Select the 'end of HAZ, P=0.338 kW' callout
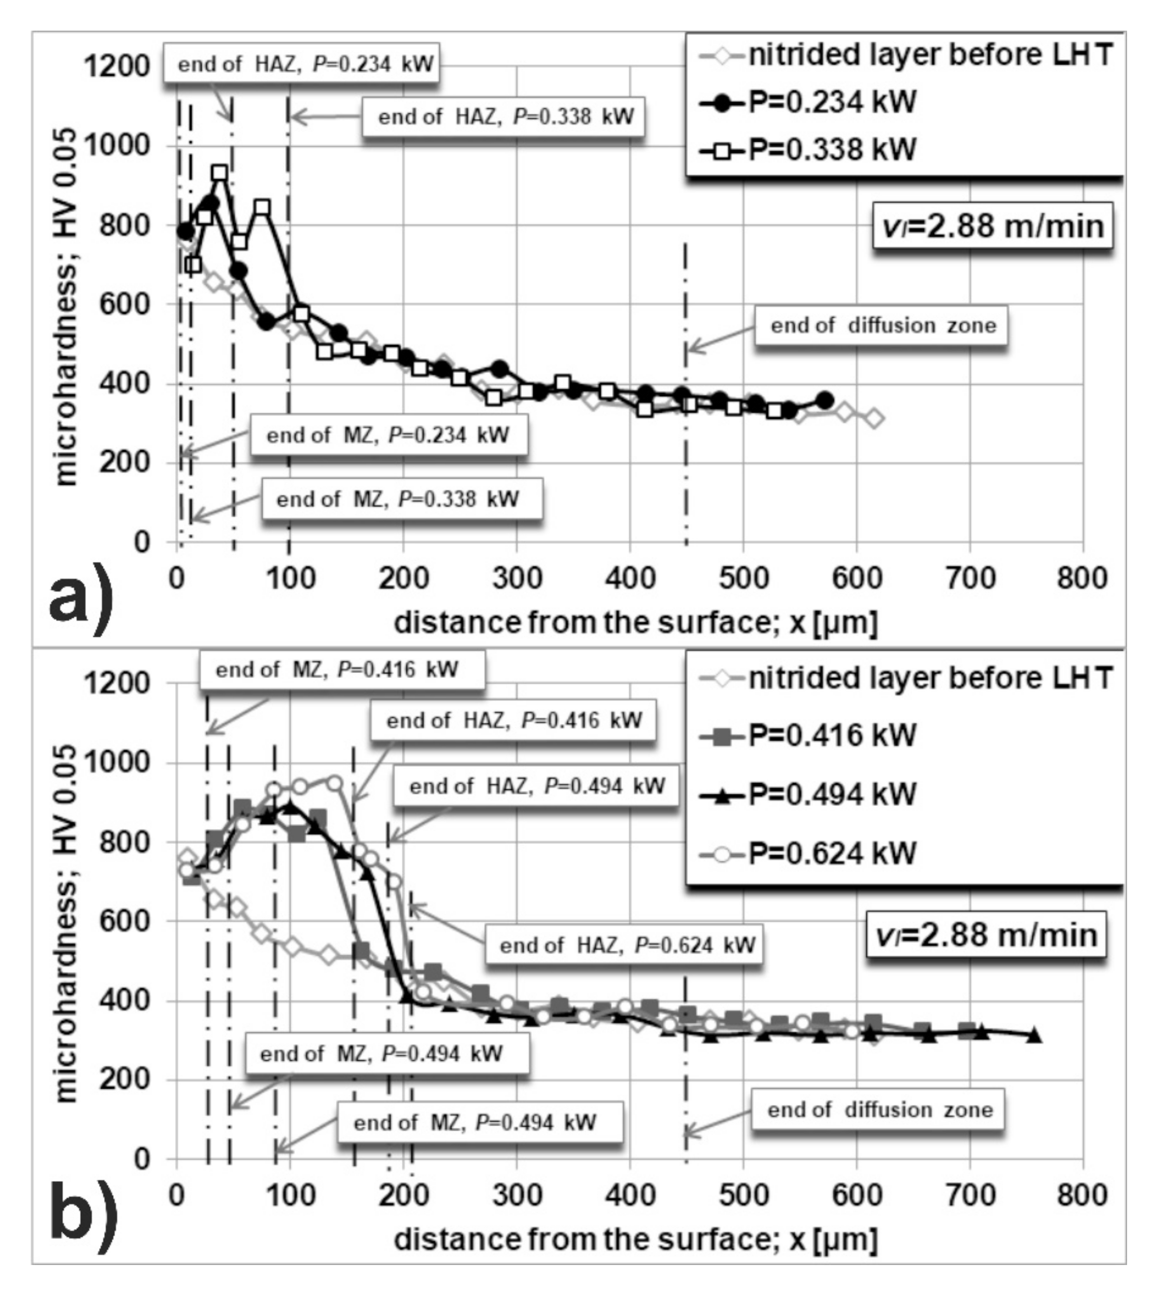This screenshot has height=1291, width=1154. [x=504, y=117]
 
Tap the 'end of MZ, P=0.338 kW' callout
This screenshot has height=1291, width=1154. [x=402, y=499]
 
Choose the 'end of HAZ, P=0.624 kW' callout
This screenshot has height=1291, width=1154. [x=624, y=945]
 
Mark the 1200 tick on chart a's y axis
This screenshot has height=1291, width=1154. [x=117, y=66]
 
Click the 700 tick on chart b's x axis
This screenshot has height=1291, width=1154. [x=970, y=1195]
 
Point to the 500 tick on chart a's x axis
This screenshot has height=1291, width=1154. [x=743, y=579]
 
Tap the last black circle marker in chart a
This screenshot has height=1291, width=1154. [x=824, y=400]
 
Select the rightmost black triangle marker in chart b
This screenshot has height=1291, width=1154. [x=1034, y=1034]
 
